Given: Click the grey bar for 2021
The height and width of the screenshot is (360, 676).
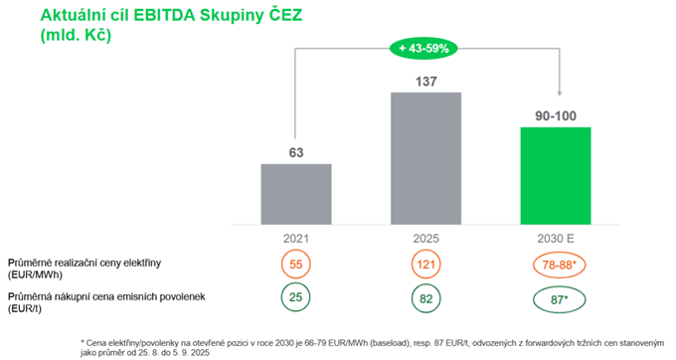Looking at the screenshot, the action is click(296, 194).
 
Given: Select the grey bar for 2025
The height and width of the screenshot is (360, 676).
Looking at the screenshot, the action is click(425, 158).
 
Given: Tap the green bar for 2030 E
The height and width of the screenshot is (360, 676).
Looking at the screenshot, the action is click(556, 176).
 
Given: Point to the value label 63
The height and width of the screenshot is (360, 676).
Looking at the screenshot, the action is click(296, 152).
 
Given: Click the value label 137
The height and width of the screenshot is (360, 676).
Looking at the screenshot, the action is click(425, 82).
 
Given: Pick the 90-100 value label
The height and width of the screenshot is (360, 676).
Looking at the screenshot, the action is click(556, 116).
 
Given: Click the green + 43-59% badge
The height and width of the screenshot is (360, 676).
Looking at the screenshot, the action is click(423, 49).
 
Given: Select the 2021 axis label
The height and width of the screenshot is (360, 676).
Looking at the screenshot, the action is click(296, 239).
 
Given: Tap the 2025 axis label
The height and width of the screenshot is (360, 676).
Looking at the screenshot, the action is click(425, 239).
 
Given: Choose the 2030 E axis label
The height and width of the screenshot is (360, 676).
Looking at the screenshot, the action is click(556, 239).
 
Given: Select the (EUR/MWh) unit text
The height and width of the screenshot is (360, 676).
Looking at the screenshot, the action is click(35, 275).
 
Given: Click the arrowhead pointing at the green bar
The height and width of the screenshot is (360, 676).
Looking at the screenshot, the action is click(559, 93).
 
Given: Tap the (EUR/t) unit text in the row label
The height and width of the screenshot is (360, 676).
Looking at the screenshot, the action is click(25, 308).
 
